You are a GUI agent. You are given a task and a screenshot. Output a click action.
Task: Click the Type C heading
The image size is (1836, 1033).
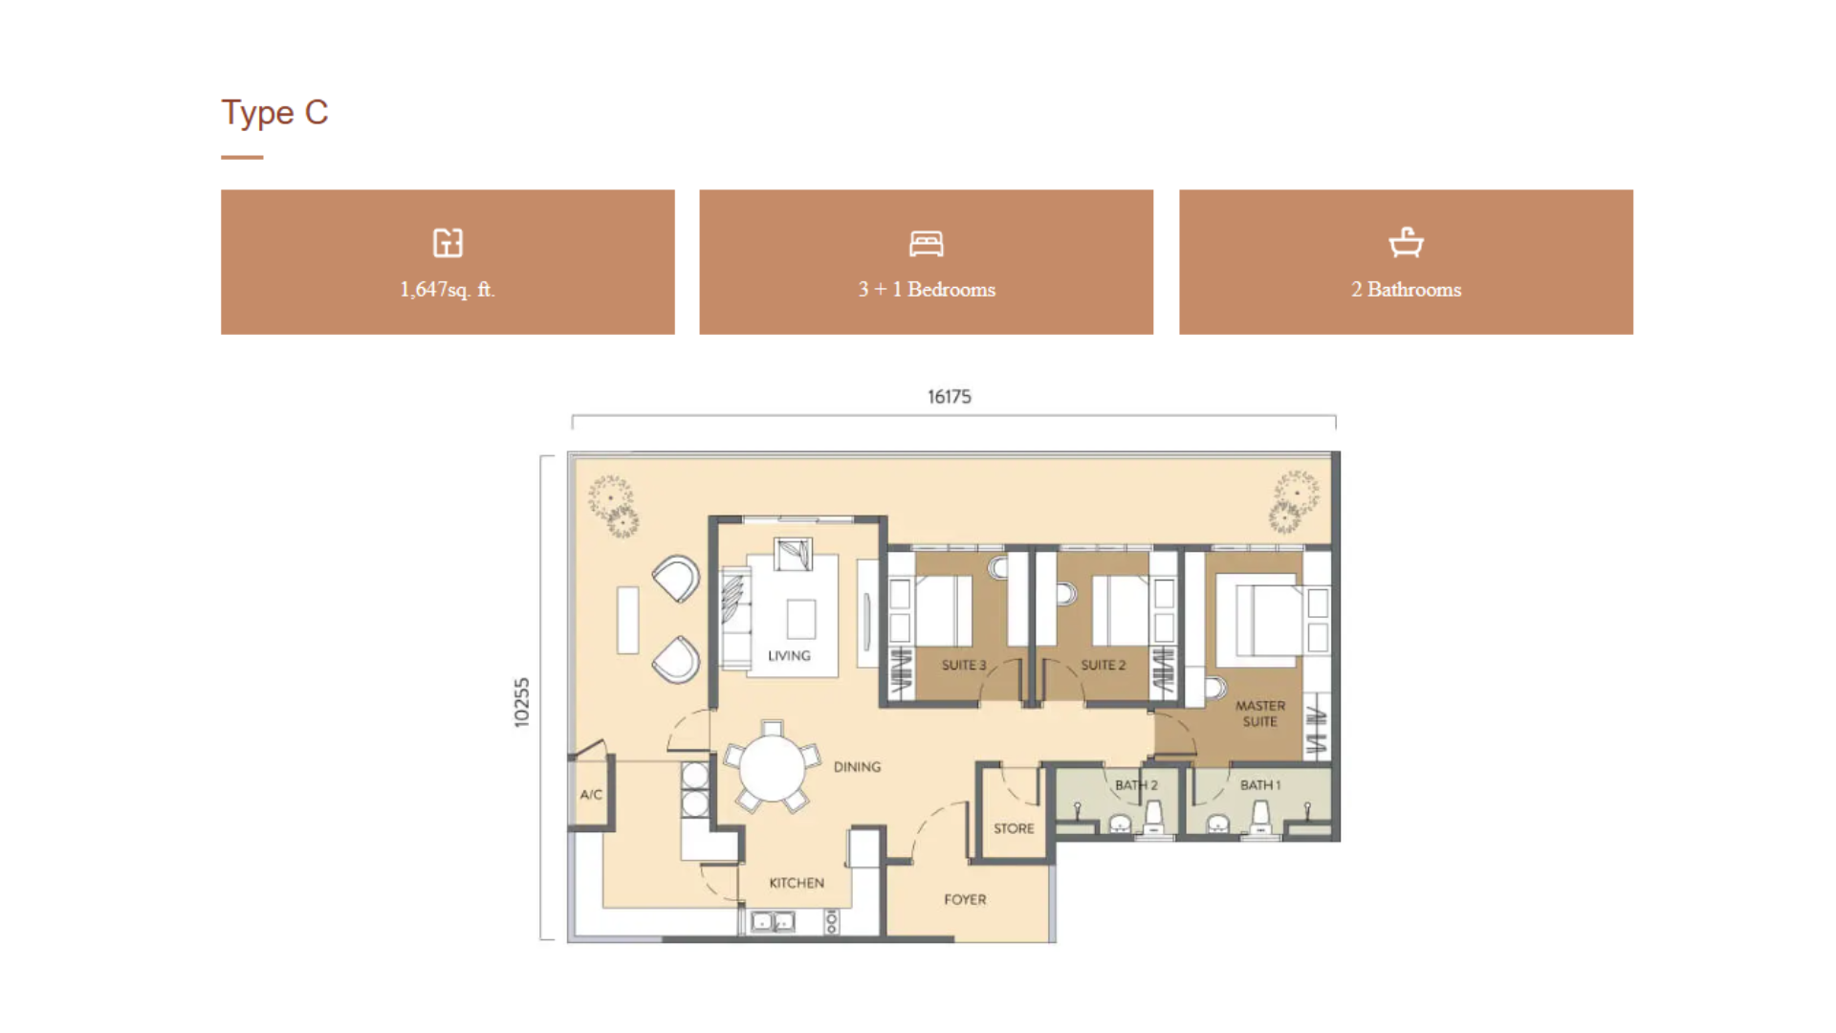click(x=274, y=113)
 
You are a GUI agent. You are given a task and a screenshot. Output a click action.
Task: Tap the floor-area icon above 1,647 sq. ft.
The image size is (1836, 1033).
click(x=448, y=243)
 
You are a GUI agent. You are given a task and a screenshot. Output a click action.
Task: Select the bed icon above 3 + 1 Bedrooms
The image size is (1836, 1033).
click(x=926, y=244)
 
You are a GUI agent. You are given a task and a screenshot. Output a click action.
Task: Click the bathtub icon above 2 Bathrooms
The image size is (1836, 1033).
click(x=1406, y=242)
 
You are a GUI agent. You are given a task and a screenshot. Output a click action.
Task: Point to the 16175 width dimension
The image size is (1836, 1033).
click(x=950, y=396)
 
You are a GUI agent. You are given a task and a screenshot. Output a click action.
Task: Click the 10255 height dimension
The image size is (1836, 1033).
click(x=521, y=702)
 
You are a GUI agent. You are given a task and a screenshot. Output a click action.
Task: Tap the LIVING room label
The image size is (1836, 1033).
click(x=789, y=656)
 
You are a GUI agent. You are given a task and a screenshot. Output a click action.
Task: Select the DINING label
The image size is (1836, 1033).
click(x=857, y=767)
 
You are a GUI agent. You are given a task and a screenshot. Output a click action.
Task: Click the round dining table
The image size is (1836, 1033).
click(x=772, y=767)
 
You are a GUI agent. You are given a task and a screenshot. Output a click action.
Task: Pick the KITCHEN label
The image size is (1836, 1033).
click(x=797, y=883)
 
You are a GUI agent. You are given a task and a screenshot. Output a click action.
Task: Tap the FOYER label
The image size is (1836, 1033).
click(x=965, y=899)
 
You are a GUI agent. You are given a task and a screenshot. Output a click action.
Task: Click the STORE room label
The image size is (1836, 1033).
click(x=1014, y=828)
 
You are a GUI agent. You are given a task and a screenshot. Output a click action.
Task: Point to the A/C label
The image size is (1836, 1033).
click(x=591, y=794)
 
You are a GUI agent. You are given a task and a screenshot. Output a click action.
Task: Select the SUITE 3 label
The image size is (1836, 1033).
click(x=963, y=665)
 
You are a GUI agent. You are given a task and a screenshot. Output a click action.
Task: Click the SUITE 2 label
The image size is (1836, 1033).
click(x=1104, y=665)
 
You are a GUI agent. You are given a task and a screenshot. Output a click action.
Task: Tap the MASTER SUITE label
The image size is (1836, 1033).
click(x=1260, y=714)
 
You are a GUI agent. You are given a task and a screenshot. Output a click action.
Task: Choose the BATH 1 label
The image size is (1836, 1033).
click(x=1260, y=785)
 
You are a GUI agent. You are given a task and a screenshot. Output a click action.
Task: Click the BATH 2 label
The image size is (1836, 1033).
click(x=1136, y=785)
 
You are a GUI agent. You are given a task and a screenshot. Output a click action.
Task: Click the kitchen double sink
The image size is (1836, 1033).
click(x=773, y=922)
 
